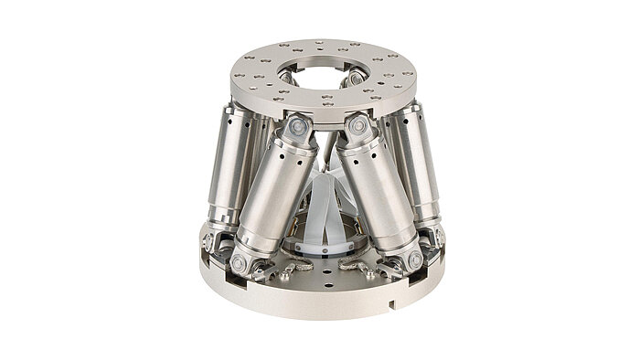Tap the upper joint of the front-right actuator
358,130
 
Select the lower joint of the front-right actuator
414,259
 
